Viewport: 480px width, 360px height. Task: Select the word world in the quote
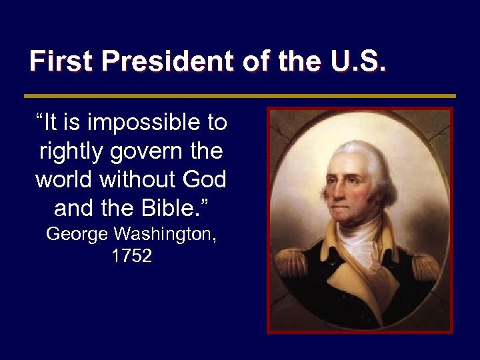(64, 180)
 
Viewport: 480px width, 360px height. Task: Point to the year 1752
(131, 256)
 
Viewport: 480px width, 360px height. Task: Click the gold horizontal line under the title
(239, 96)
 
